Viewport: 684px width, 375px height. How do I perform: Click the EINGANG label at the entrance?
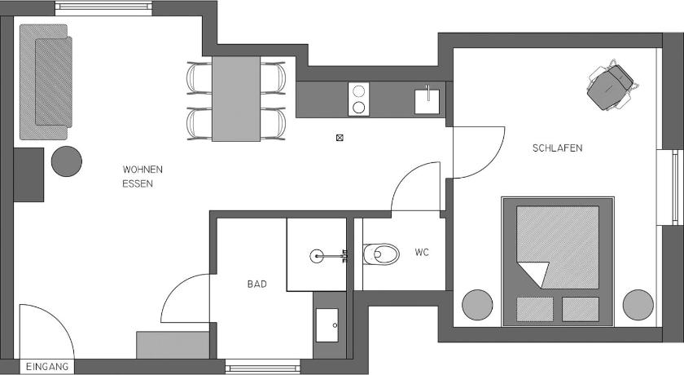click(x=47, y=367)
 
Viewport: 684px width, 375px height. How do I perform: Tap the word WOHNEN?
click(x=142, y=170)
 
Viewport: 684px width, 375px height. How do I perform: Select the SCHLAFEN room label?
click(x=557, y=148)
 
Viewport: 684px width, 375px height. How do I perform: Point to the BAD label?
click(x=257, y=285)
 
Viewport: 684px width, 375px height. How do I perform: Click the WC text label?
click(x=422, y=253)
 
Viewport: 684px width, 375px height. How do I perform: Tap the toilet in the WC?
click(x=381, y=254)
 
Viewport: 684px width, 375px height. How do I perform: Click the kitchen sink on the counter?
click(x=427, y=100)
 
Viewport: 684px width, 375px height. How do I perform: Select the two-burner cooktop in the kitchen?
click(x=358, y=99)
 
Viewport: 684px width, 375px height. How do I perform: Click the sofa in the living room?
click(x=46, y=82)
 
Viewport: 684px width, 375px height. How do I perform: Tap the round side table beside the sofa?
click(x=67, y=161)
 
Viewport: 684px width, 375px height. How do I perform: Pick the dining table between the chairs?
click(x=236, y=99)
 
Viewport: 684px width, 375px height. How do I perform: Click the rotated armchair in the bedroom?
click(x=611, y=86)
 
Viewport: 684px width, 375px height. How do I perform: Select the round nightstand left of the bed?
click(x=477, y=305)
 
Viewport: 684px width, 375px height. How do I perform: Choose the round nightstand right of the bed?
click(x=638, y=305)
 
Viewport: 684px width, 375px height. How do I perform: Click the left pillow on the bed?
click(x=535, y=309)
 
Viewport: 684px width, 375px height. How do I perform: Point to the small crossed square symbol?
click(x=340, y=138)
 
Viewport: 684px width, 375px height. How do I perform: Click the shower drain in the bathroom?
click(x=317, y=256)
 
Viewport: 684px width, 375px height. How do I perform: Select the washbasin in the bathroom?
click(x=327, y=325)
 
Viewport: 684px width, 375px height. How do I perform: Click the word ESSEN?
click(x=138, y=184)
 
